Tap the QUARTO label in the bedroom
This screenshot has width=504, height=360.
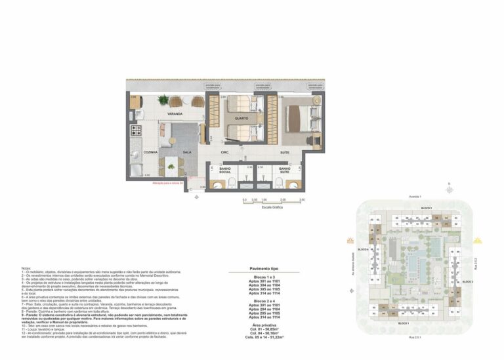pos(241,119)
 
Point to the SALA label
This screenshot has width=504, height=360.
pos(187,151)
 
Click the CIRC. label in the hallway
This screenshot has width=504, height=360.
pos(224,151)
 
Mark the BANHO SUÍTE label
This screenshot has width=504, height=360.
pos(284,170)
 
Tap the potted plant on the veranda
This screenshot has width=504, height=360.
pos(163,100)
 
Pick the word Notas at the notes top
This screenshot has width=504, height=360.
pos(26,268)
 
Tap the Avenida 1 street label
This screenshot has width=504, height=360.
pos(415,196)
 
